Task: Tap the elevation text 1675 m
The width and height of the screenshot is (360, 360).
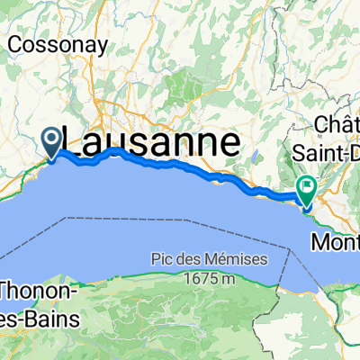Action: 210,276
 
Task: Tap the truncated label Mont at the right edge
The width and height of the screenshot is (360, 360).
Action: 334,242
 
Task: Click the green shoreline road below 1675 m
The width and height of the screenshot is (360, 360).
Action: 207,297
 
